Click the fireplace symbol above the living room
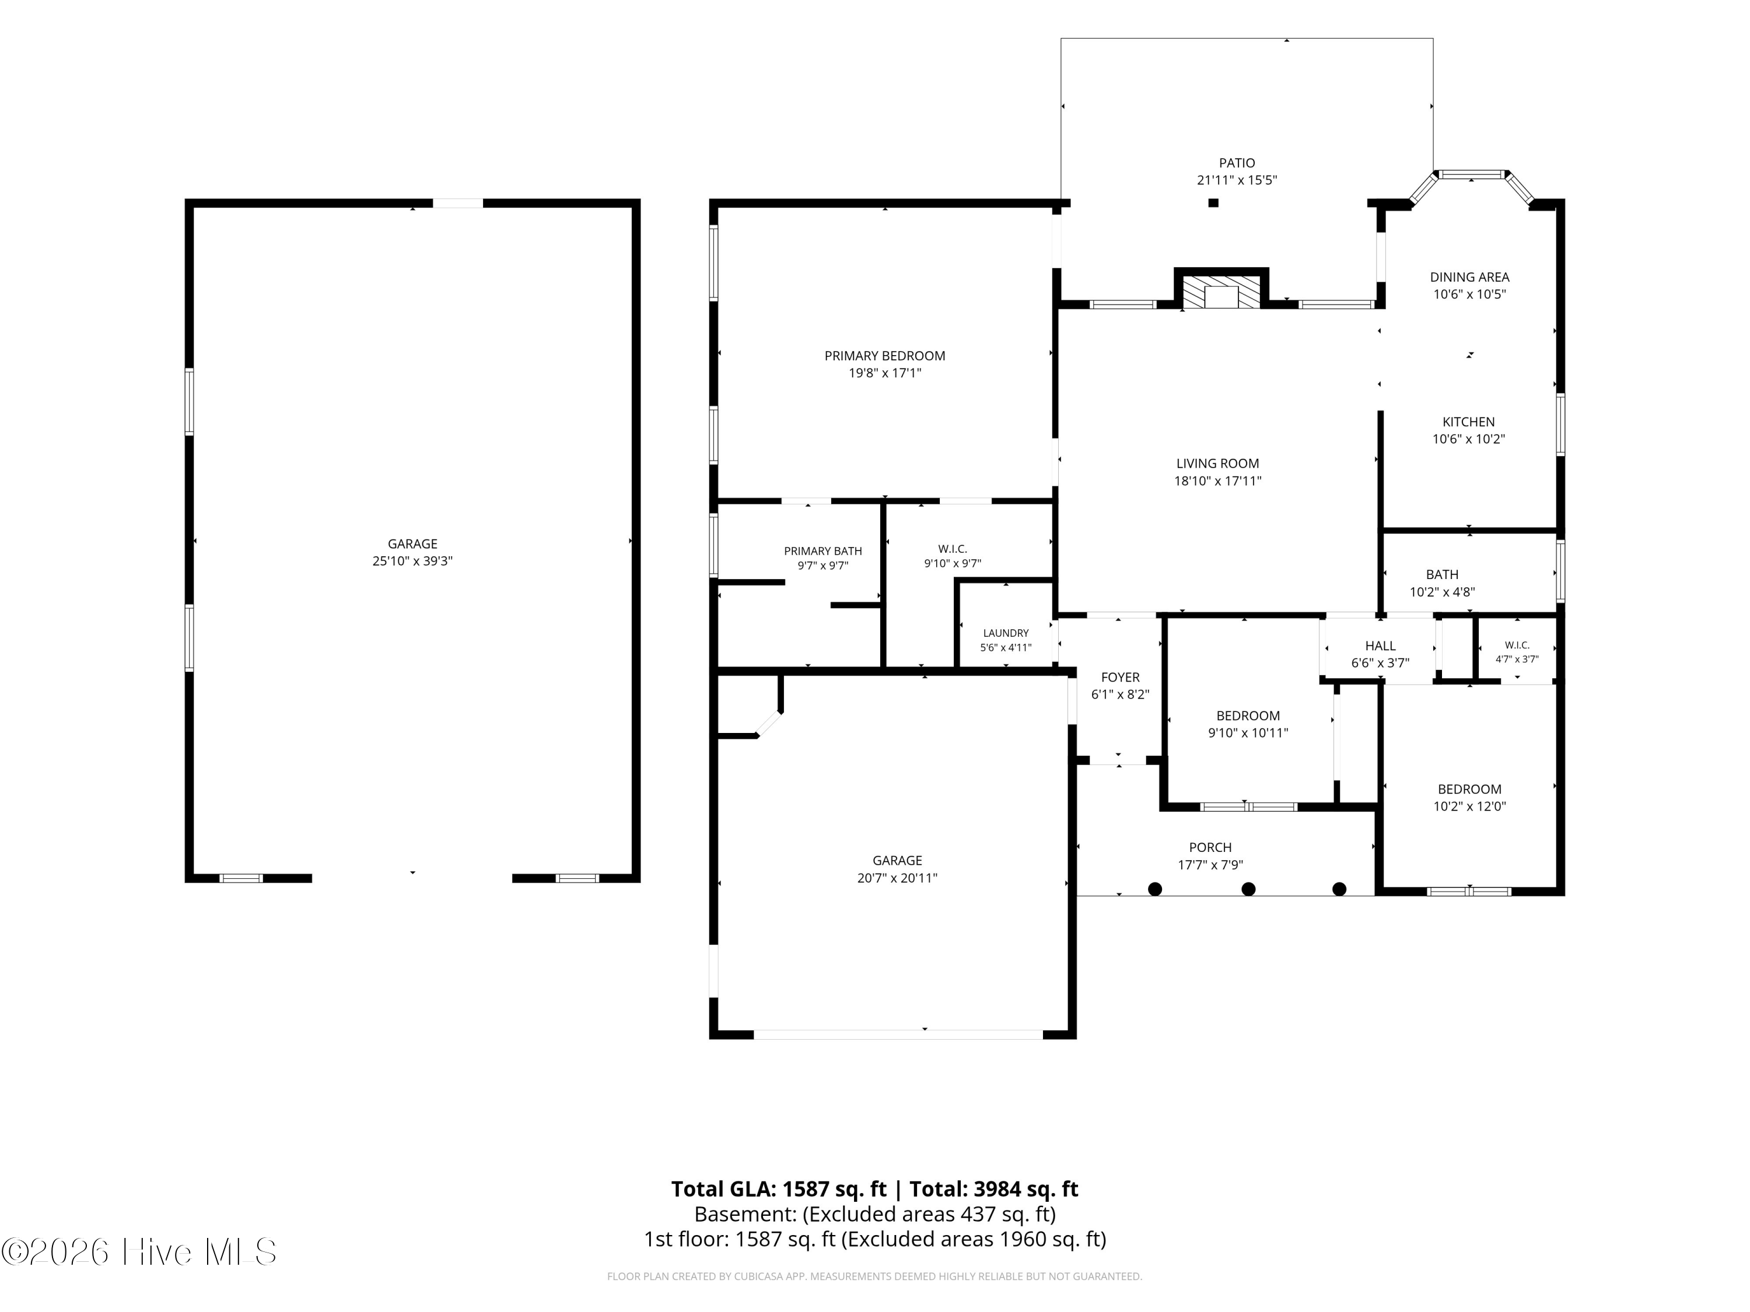click(x=1221, y=292)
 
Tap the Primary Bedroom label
click(x=884, y=356)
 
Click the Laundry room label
click(x=1006, y=633)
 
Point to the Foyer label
click(x=1120, y=678)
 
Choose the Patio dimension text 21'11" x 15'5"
click(x=1237, y=180)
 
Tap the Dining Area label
click(x=1469, y=278)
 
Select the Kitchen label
click(x=1468, y=422)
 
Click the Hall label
click(x=1381, y=646)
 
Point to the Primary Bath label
click(x=822, y=551)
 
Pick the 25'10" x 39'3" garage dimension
click(x=412, y=562)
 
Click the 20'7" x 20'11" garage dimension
click(x=897, y=878)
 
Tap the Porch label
click(x=1210, y=848)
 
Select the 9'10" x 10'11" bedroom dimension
click(x=1248, y=733)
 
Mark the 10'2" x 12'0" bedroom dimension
click(x=1469, y=806)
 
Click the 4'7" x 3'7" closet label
click(x=1517, y=659)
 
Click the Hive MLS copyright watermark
click(x=139, y=1252)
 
